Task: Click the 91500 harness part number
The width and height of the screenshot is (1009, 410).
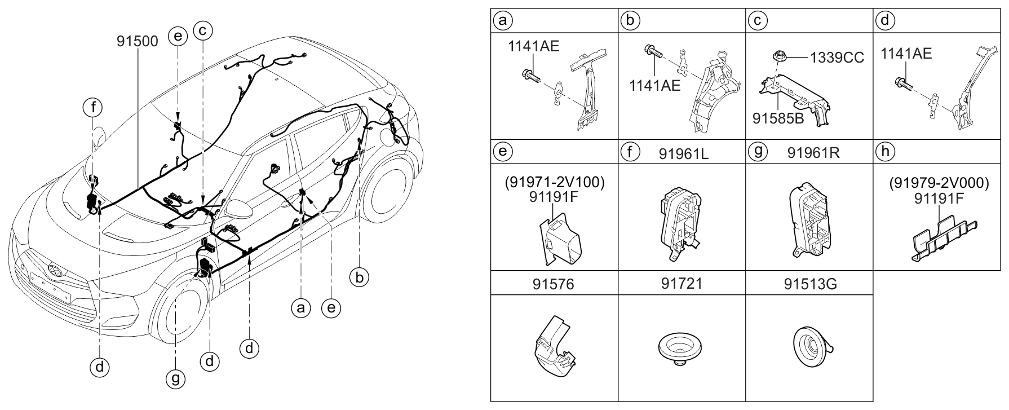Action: pyautogui.click(x=138, y=41)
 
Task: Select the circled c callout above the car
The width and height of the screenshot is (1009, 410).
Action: pyautogui.click(x=202, y=29)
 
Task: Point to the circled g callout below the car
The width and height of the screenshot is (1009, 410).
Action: pyautogui.click(x=176, y=378)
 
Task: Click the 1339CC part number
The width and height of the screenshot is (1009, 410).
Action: pyautogui.click(x=837, y=59)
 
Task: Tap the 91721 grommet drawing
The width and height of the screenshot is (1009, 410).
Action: pyautogui.click(x=681, y=349)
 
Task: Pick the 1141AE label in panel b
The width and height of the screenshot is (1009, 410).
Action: pyautogui.click(x=655, y=86)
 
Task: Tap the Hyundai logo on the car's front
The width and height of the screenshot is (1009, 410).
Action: pyautogui.click(x=54, y=269)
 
